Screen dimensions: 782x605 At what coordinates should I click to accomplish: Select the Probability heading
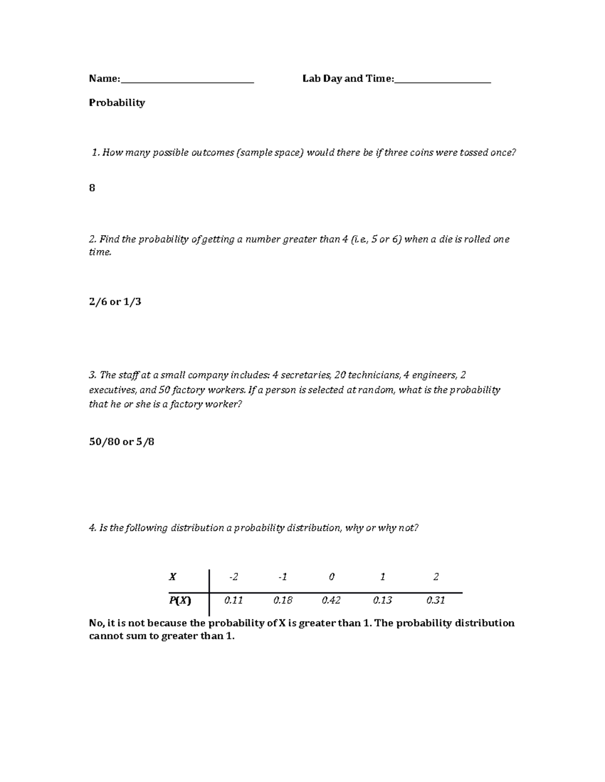point(117,103)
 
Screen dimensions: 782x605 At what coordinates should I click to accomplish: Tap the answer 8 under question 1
point(92,188)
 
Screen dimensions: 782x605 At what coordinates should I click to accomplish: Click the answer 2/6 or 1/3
point(115,302)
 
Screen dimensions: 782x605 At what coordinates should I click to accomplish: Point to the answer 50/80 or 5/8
point(122,442)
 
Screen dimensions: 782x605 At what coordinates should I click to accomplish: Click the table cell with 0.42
point(331,600)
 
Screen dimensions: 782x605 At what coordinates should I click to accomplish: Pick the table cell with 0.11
point(233,600)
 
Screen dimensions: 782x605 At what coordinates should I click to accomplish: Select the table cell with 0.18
point(283,600)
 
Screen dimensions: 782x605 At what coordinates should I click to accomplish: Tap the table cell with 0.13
point(383,600)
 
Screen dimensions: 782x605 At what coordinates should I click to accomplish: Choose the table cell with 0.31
point(436,600)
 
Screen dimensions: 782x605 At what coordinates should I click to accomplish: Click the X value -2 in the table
point(233,577)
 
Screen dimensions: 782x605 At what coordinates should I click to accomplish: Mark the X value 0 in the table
point(331,577)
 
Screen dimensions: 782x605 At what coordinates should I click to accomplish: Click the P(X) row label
point(180,600)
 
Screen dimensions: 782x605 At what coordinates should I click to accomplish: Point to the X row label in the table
point(172,577)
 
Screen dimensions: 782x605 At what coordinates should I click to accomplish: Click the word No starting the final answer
point(96,623)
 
